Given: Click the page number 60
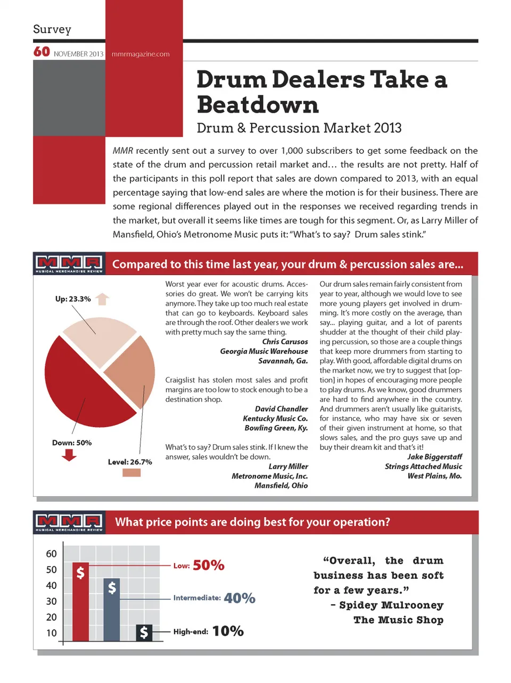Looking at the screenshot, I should [42, 52].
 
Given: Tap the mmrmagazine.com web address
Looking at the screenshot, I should [141, 54].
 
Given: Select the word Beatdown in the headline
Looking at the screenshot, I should [258, 105].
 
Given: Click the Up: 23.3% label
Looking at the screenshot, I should [73, 299].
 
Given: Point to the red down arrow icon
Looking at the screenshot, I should [69, 455].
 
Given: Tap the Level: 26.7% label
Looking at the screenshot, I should [130, 462].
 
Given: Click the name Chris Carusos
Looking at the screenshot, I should [285, 341].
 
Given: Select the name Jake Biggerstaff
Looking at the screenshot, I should [434, 456].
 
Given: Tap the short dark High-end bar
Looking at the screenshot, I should [144, 632].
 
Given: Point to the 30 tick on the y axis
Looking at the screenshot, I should [51, 601].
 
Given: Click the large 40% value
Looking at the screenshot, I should [240, 598].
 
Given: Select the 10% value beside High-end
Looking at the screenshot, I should [228, 631].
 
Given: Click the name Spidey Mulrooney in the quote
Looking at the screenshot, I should [391, 605].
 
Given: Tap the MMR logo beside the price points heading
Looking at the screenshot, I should [69, 522].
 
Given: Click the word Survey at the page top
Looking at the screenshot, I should [52, 29].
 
